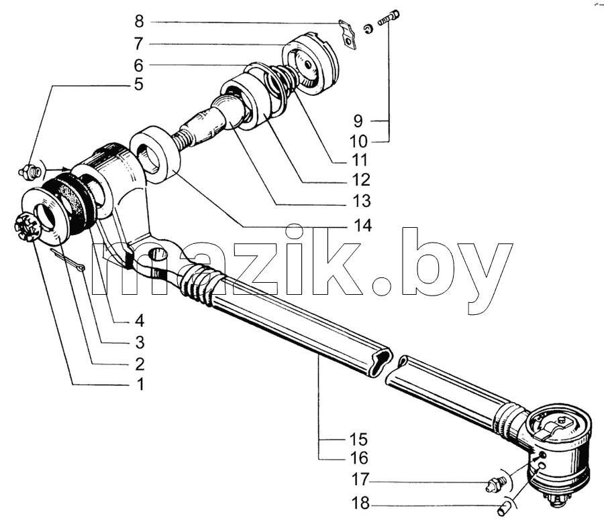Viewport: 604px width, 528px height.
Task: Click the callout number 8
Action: (x=139, y=21)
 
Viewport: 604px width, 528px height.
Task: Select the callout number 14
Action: (x=362, y=225)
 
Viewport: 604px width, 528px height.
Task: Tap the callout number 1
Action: (x=140, y=384)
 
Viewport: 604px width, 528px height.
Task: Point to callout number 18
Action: (x=360, y=503)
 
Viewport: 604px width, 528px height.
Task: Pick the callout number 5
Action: (x=139, y=84)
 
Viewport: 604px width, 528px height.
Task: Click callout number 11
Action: (x=359, y=160)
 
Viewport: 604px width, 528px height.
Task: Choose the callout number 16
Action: (x=359, y=458)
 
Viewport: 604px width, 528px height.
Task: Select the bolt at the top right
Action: (x=389, y=17)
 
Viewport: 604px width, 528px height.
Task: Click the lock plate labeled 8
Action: (x=348, y=34)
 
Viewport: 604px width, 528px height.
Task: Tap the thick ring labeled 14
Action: (x=156, y=155)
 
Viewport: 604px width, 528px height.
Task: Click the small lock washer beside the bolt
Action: (x=368, y=29)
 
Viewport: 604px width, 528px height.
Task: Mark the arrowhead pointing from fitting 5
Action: (x=66, y=169)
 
